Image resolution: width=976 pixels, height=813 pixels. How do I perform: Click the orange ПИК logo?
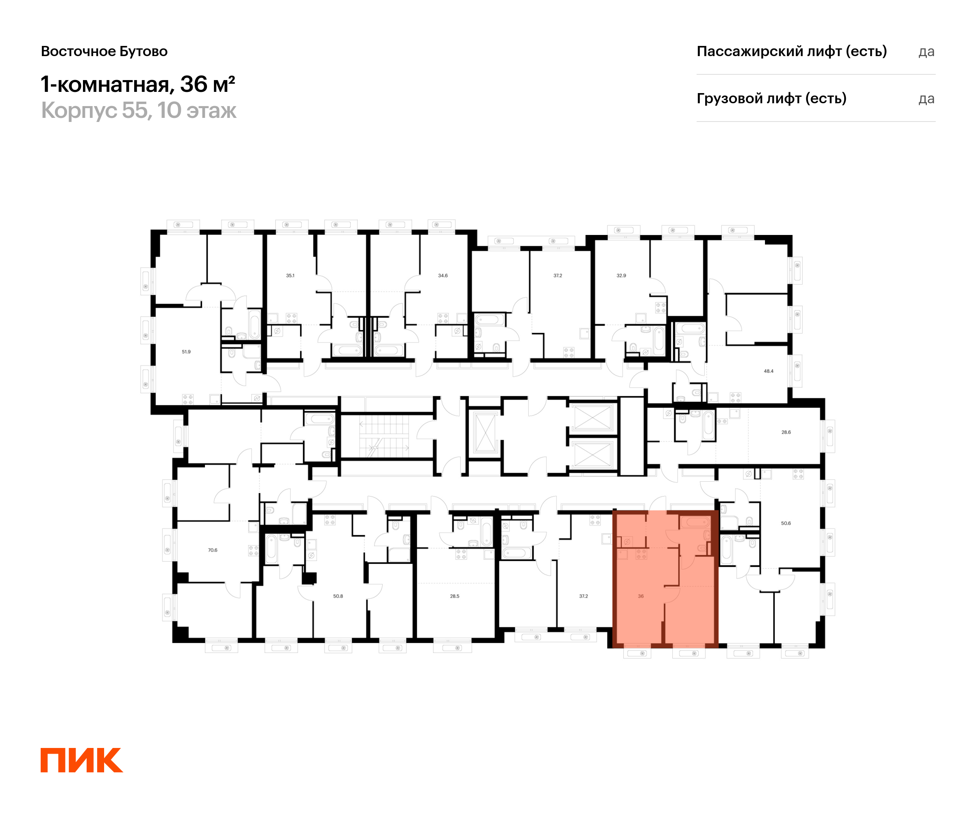point(81,760)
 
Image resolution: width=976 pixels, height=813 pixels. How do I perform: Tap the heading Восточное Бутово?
point(104,51)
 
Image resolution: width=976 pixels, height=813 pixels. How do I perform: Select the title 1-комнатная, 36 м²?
point(137,85)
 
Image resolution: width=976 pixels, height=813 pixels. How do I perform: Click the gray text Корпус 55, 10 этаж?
point(139,111)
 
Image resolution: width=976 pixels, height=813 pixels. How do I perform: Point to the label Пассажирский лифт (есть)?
point(791,51)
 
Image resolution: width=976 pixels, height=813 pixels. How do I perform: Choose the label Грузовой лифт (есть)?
point(771,98)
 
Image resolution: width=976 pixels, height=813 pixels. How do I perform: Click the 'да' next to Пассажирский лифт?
point(926,52)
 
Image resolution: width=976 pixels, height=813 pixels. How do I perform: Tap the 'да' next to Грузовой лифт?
point(926,99)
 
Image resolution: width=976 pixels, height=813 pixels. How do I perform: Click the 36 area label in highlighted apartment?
point(640,596)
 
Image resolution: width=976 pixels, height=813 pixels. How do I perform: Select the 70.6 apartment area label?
point(212,550)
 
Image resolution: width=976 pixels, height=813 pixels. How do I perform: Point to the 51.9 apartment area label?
point(186,352)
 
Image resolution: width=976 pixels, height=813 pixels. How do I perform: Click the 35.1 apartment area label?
point(290,276)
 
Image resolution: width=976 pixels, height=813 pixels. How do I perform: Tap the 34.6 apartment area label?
point(442,276)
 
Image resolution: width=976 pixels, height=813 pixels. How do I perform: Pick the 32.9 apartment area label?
point(621,276)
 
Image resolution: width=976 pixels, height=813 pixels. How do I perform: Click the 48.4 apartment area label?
point(768,371)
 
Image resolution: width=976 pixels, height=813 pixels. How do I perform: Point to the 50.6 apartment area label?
point(785,523)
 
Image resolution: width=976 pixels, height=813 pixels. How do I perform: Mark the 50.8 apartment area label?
point(338,596)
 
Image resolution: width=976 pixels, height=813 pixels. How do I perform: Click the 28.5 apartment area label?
point(455,596)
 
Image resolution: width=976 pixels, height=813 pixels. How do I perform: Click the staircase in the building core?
point(384,436)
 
